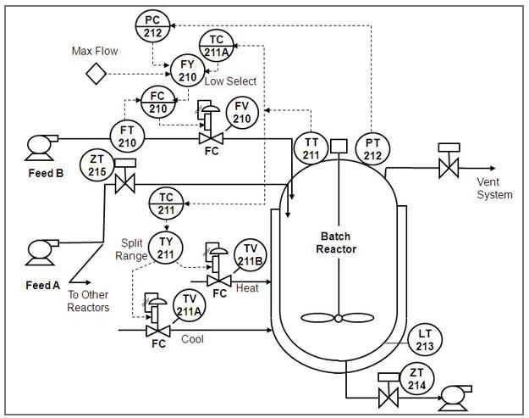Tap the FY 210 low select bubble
pos(188,70)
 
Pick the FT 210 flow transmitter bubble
pos(127,136)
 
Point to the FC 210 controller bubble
pos(158,102)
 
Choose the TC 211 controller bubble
pos(166,205)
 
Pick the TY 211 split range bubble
pos(166,247)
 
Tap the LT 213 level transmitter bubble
pos(425,340)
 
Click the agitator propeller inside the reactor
pos(338,318)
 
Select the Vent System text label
pos(494,188)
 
